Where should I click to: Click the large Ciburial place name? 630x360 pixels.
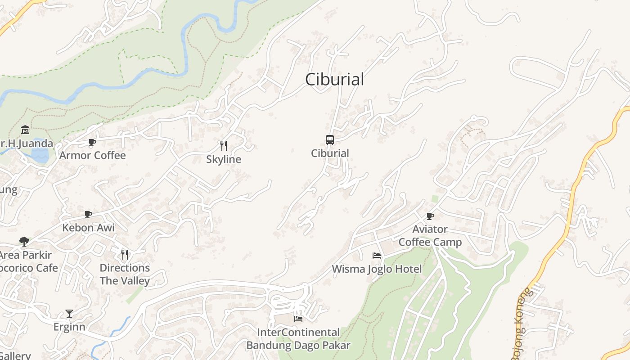[x=334, y=80]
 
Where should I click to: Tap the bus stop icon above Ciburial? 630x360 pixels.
[x=330, y=140]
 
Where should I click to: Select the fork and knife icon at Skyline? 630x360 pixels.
[x=223, y=146]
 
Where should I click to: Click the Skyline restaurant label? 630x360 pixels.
[x=224, y=159]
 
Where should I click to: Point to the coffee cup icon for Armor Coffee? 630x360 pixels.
[x=92, y=143]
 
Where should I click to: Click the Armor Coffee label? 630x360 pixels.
[x=93, y=156]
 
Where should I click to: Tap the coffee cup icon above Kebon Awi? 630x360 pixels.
[x=88, y=214]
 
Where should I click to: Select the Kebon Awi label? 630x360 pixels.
[x=89, y=228]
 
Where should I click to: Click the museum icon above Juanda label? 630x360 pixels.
[x=25, y=130]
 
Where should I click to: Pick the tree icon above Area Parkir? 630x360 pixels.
[x=24, y=242]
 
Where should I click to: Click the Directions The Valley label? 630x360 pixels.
[x=125, y=274]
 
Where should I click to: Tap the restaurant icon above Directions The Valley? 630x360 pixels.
[x=125, y=255]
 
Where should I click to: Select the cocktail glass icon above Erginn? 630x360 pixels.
[x=69, y=313]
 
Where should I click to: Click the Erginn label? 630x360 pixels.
[x=69, y=327]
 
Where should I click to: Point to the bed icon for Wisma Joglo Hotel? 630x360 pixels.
[x=377, y=256]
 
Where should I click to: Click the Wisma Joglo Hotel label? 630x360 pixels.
[x=377, y=269]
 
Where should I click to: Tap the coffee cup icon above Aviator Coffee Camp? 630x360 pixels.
[x=430, y=216]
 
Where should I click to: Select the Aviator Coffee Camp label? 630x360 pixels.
[x=430, y=236]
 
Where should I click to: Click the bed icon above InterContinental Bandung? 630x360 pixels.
[x=298, y=319]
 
